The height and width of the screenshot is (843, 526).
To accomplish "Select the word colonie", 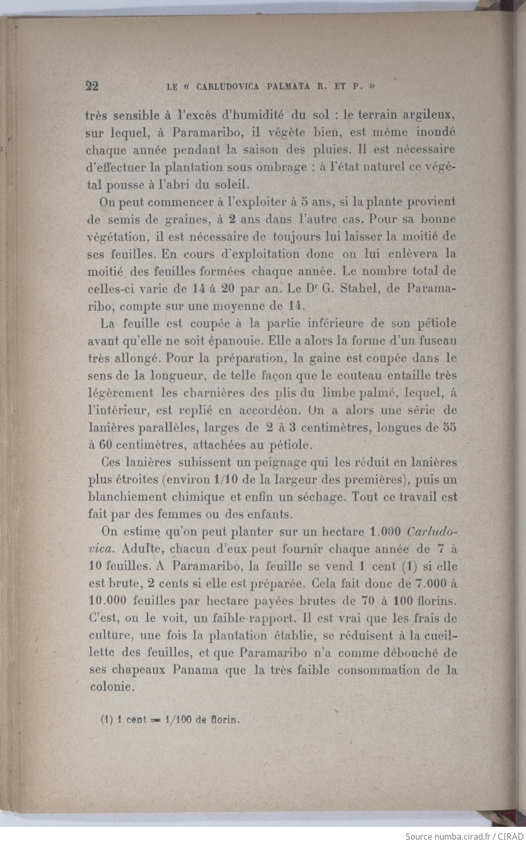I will click(110, 687).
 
